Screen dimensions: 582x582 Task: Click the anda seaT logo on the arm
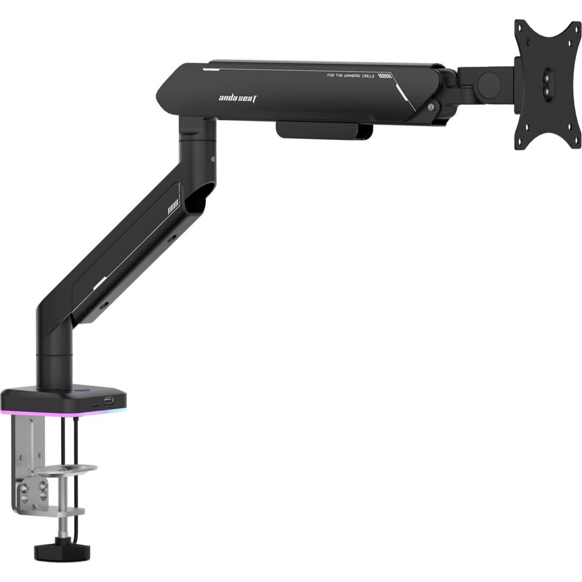(x=239, y=98)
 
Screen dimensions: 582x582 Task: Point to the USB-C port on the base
(x=96, y=403)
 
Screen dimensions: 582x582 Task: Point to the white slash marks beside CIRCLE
(x=384, y=76)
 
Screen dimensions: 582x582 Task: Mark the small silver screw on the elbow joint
(x=213, y=158)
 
